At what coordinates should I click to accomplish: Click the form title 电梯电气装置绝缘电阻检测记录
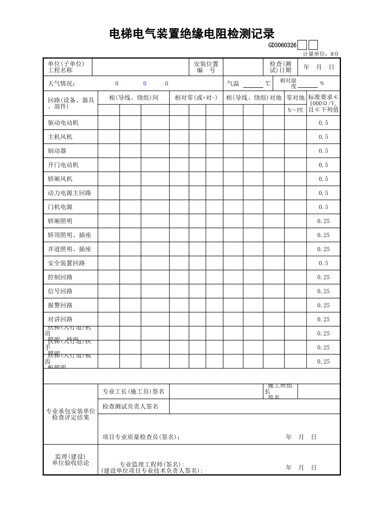[192, 34]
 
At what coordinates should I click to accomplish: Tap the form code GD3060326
[282, 45]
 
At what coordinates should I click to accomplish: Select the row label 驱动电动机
[63, 123]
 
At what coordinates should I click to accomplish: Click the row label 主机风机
[60, 137]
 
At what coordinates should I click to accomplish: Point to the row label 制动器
[57, 151]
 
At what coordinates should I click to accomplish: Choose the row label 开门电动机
[63, 165]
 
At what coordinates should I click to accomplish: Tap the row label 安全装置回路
[66, 263]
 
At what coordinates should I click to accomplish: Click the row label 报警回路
[60, 305]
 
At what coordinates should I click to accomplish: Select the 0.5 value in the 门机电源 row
[323, 207]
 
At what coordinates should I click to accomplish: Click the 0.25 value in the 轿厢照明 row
[323, 221]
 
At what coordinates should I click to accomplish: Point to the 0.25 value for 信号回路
[323, 291]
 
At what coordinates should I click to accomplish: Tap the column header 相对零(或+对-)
[196, 98]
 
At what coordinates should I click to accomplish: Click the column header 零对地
[295, 98]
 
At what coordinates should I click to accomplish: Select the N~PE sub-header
[295, 110]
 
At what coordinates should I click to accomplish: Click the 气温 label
[233, 84]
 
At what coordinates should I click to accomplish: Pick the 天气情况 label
[62, 84]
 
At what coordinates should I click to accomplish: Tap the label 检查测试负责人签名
[130, 407]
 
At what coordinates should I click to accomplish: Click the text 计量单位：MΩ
[320, 54]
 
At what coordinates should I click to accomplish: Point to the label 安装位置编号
[206, 67]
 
